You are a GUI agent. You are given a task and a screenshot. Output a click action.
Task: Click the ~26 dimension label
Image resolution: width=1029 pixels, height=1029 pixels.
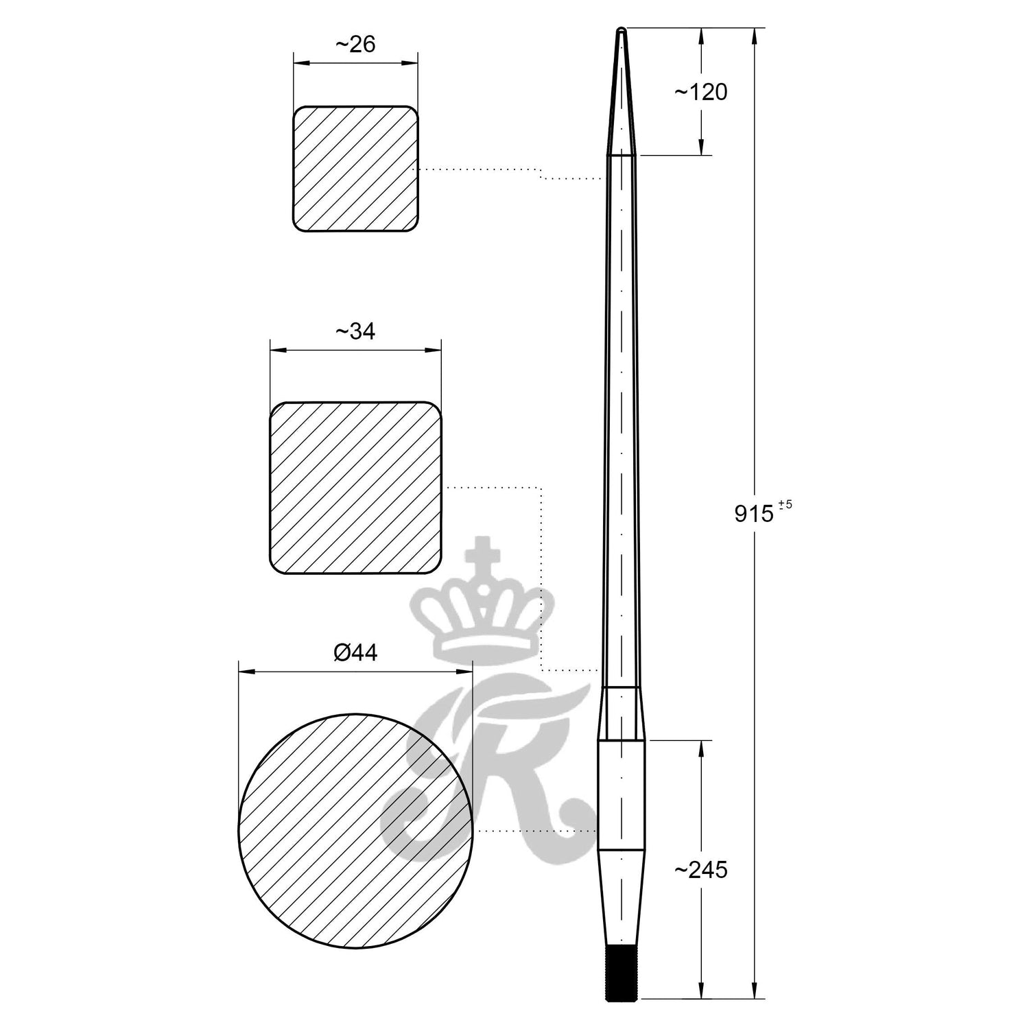point(355,45)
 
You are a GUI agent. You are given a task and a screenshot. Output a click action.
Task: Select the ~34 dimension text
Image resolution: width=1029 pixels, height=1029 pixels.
point(355,331)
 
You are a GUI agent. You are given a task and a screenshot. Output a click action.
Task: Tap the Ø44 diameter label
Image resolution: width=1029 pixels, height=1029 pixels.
point(355,652)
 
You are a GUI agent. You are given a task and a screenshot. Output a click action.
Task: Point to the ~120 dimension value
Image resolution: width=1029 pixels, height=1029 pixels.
point(700,92)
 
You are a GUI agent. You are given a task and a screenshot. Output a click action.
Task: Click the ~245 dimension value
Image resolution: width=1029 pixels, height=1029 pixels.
point(700,871)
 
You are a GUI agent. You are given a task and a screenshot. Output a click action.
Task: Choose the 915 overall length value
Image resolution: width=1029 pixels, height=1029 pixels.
point(753,513)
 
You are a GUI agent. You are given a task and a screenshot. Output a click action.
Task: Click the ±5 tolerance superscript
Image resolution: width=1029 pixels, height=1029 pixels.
point(785,504)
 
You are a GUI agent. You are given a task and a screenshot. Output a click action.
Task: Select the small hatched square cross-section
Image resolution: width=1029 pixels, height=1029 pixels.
point(355,168)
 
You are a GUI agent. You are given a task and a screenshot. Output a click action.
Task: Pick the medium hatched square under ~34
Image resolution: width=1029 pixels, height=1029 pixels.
point(355,487)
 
